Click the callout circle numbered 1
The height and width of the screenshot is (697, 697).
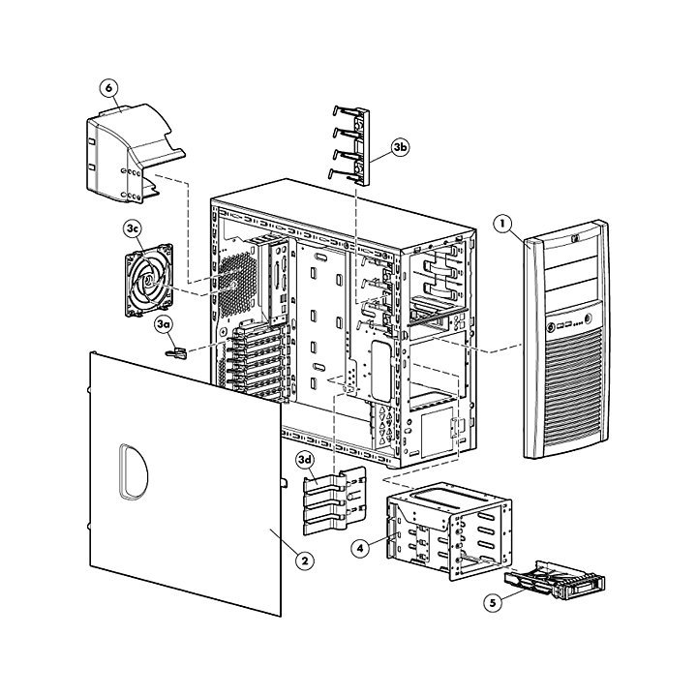pos(503,224)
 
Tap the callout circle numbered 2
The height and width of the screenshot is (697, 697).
pos(305,561)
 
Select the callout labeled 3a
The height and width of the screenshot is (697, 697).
pos(164,324)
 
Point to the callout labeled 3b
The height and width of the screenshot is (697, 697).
pos(400,147)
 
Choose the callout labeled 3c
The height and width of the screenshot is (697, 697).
pos(133,228)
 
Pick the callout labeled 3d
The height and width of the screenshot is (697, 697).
pos(306,460)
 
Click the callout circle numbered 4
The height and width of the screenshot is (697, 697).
pos(360,548)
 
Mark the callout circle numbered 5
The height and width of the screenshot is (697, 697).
pos(493,603)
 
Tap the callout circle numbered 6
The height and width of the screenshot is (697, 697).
pos(108,88)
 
